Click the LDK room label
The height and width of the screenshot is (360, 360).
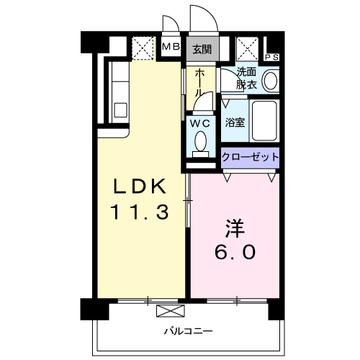tap(140, 186)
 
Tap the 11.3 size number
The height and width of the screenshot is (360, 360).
tap(140, 212)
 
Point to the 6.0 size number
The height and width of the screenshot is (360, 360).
tap(233, 253)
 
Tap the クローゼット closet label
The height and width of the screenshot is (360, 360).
tap(250, 156)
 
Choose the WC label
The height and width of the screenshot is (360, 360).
tap(200, 123)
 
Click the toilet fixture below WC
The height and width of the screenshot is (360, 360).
tap(200, 142)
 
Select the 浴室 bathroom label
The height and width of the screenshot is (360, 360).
tap(235, 122)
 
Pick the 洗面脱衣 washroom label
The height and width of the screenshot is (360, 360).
tap(247, 78)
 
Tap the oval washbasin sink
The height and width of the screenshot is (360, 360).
tap(271, 80)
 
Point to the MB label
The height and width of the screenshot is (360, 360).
tap(171, 48)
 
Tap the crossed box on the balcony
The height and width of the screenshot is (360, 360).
tap(171, 311)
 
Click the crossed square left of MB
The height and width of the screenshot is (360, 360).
tap(143, 48)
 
